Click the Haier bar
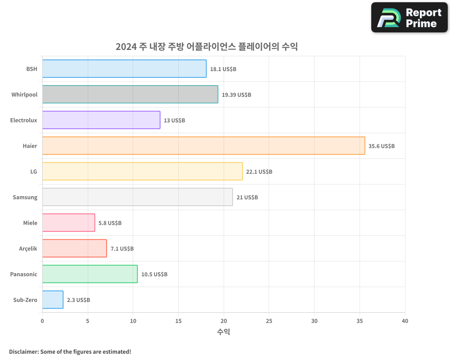pos(203,146)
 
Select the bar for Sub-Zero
pos(53,300)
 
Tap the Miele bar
pos(68,223)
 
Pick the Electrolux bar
pos(101,120)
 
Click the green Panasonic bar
pos(90,274)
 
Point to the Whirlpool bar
pos(130,94)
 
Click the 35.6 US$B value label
pos(382,146)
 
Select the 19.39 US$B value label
pos(236,94)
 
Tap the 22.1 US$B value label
pos(259,171)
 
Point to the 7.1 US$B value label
pos(122,248)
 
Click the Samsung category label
pos(25,197)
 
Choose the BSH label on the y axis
pos(31,69)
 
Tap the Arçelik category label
pos(28,248)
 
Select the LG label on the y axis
pos(34,171)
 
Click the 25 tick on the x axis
pos(269,321)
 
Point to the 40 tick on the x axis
pos(405,321)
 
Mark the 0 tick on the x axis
pos(42,321)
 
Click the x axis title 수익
pos(224,332)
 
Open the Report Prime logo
pos(409,18)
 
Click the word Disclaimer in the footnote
pos(23,351)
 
